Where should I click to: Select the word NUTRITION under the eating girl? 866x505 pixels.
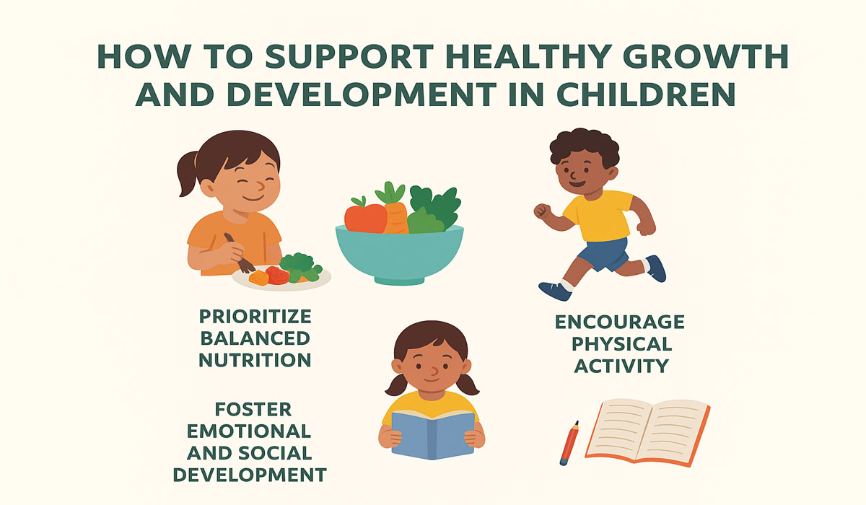255,359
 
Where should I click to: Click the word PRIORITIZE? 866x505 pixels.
255,316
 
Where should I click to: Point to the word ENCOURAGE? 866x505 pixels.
620,322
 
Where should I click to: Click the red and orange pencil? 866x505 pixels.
569,442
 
